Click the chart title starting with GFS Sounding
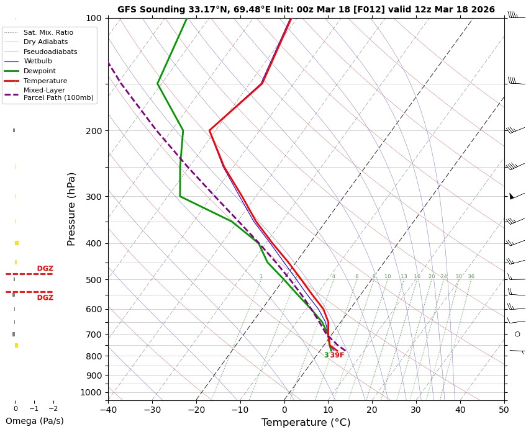tap(306, 9)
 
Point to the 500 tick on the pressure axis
tap(93, 280)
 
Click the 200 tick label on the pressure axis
tap(93, 131)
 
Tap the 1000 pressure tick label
tap(91, 392)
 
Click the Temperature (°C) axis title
tap(306, 423)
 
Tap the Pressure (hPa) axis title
tap(71, 209)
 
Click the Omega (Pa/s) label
tap(34, 421)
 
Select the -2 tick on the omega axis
tap(53, 409)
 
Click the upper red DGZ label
tap(45, 269)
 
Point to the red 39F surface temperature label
tap(337, 355)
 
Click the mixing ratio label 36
tap(471, 277)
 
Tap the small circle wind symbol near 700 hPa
tap(517, 334)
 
